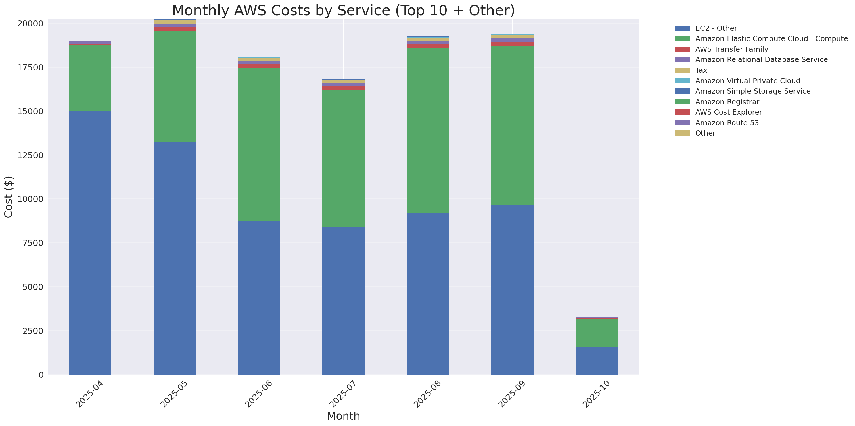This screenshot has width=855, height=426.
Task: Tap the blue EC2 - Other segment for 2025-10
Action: tap(597, 361)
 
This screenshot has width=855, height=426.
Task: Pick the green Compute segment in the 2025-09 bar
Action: tap(512, 125)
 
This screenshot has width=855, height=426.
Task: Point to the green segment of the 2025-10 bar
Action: tap(597, 333)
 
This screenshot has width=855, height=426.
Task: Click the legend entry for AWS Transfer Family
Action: tap(732, 49)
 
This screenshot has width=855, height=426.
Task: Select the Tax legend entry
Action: tap(701, 70)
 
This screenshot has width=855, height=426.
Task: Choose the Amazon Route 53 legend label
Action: tap(727, 123)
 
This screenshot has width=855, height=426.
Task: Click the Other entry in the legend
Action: tap(705, 133)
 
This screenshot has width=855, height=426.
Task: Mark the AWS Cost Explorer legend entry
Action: tap(728, 112)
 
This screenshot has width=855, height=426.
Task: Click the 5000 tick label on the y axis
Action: tap(32, 287)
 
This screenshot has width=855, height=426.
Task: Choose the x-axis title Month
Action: tap(343, 416)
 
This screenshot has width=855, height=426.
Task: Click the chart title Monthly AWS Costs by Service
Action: tap(343, 10)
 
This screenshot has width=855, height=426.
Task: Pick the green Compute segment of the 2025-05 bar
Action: tap(174, 86)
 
